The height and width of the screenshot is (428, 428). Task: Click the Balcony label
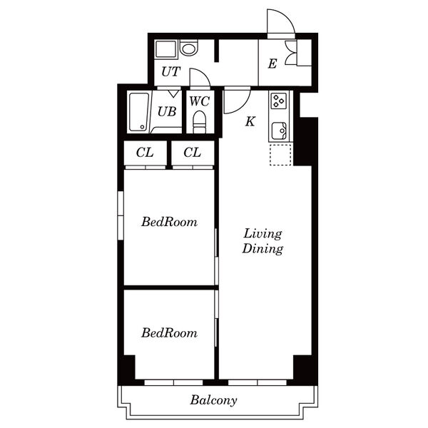click(213, 400)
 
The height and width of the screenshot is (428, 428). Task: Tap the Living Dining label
click(263, 241)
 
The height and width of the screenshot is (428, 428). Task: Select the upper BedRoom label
click(169, 222)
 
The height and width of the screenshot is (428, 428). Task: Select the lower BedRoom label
click(169, 332)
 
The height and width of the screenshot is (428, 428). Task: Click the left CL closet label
click(145, 153)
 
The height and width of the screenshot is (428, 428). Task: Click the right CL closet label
click(192, 153)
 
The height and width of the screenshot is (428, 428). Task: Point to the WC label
click(200, 101)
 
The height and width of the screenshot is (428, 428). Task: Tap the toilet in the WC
click(200, 122)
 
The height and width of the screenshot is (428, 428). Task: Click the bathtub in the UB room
click(139, 112)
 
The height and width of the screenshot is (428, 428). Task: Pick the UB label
click(167, 112)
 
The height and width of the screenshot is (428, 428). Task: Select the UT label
click(171, 72)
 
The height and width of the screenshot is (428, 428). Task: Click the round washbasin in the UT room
click(188, 49)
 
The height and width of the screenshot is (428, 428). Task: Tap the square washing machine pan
click(165, 49)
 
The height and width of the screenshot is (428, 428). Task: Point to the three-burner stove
click(279, 101)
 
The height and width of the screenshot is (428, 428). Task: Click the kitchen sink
click(279, 131)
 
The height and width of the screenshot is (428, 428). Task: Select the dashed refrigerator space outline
click(280, 155)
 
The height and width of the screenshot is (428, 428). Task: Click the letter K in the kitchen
click(250, 121)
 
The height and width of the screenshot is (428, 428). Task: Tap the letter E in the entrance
click(272, 64)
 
